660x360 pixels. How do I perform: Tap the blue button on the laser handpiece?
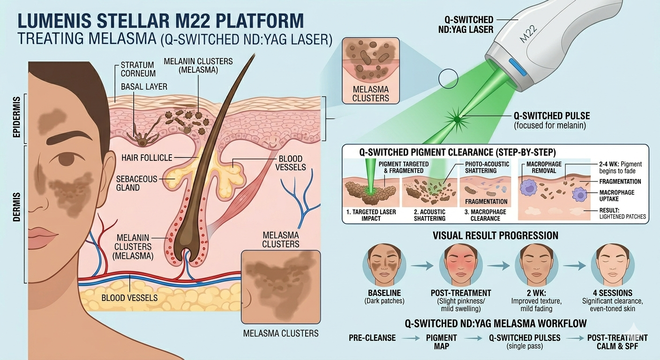[517, 67]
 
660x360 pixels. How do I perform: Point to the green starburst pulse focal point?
[457, 120]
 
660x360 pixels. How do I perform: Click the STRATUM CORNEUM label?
[138, 69]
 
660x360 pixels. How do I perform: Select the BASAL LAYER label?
[144, 87]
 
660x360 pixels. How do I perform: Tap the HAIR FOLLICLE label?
[147, 157]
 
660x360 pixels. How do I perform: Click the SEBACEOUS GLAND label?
[136, 183]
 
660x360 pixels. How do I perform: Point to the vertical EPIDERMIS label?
[17, 117]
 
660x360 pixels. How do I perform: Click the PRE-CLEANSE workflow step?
[372, 338]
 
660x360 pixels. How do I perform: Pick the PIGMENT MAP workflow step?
[442, 342]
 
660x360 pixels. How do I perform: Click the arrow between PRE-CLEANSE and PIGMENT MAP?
[411, 338]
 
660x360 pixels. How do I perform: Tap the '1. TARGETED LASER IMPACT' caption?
[371, 215]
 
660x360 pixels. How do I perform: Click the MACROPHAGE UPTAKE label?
[617, 195]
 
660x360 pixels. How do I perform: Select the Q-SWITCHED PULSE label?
[552, 116]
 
